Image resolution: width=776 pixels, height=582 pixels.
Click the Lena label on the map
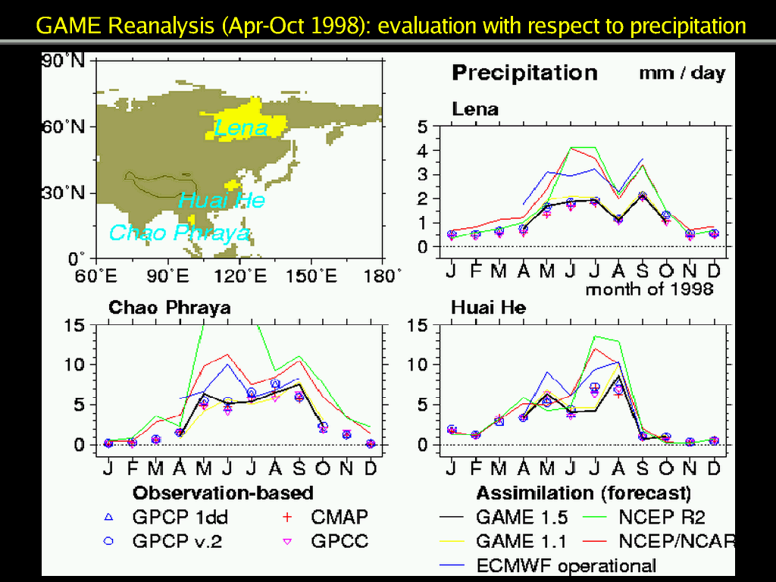[x=241, y=128]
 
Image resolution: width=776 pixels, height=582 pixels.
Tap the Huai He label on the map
[x=222, y=200]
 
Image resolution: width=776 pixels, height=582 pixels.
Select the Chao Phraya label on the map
[x=179, y=233]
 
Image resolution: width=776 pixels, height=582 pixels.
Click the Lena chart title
[x=475, y=109]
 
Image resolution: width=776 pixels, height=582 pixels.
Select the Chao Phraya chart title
[x=170, y=308]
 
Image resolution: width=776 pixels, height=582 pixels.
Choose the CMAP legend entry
[x=339, y=518]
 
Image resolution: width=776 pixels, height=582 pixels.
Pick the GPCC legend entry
[x=339, y=543]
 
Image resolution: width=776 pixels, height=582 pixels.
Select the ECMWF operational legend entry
[x=565, y=565]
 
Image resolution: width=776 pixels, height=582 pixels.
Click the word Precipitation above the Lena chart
[x=524, y=73]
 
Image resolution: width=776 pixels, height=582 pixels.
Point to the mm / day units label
[x=682, y=74]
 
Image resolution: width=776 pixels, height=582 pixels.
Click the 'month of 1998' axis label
[x=649, y=289]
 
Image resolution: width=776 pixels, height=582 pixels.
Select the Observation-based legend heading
[x=223, y=493]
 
